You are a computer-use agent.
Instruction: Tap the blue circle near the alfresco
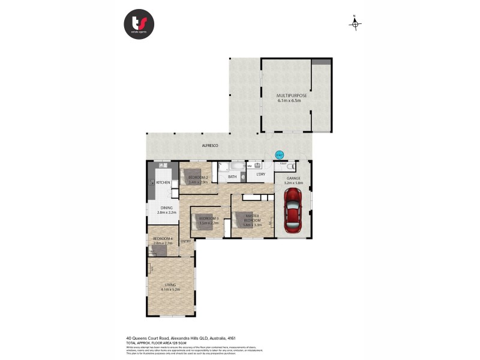coord(278,155)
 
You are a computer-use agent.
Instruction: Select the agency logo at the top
coord(139,25)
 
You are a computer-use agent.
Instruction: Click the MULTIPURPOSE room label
coord(292,96)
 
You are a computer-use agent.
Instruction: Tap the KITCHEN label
coord(163,182)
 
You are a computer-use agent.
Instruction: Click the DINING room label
coord(166,208)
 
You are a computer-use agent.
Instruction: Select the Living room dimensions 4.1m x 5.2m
coord(170,289)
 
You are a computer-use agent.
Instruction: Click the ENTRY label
coord(185,241)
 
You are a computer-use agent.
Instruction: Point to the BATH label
coord(232,176)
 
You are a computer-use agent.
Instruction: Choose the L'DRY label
coord(260,175)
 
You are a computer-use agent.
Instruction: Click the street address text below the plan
coord(178,337)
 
